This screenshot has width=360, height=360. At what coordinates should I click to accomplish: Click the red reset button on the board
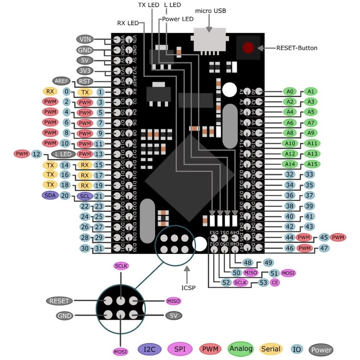pos(247,48)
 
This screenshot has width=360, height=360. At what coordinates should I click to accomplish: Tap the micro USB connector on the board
pos(210,40)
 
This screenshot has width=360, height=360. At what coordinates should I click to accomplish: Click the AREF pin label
pos(61,81)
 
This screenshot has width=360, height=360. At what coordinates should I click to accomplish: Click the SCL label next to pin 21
pos(84,196)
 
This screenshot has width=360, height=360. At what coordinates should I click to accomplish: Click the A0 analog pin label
pos(290,91)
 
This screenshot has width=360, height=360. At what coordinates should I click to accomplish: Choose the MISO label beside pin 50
pos(250,273)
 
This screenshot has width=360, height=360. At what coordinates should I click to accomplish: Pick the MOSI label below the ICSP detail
pos(121,351)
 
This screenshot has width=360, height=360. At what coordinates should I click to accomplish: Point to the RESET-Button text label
pos(297,48)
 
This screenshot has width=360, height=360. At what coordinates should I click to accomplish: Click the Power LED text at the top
pos(178,19)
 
